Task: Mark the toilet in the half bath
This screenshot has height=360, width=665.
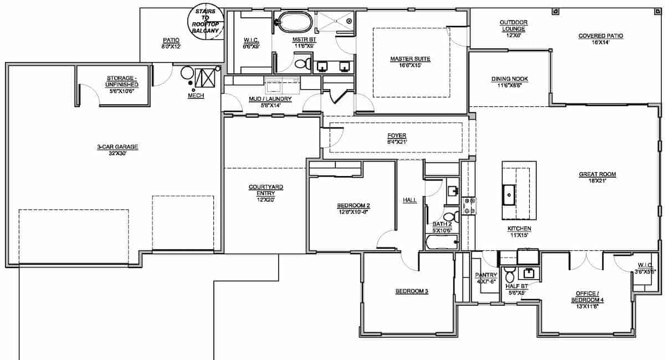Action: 511,272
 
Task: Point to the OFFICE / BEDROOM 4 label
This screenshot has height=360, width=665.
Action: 585,296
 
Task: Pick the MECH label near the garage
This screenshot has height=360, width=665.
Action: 196,96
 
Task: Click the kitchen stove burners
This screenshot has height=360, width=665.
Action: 469,205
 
